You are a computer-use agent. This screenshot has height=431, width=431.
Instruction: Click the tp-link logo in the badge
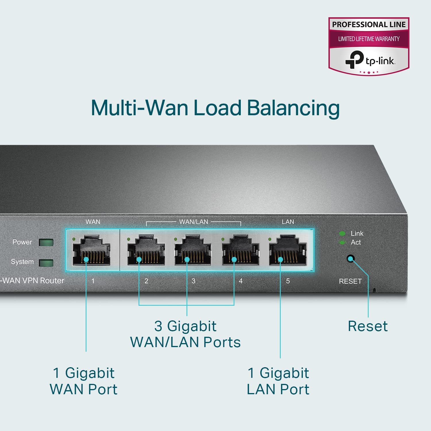click(370, 60)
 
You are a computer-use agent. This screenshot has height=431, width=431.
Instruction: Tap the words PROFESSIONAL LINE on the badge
click(369, 24)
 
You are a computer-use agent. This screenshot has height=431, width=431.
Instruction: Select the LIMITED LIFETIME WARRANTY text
click(369, 39)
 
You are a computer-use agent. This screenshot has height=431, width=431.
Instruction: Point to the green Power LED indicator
click(46, 242)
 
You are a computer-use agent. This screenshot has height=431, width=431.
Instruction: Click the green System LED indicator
click(46, 263)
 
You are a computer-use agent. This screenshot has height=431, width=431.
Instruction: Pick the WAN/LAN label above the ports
click(193, 222)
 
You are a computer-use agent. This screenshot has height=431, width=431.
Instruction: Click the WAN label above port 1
click(93, 222)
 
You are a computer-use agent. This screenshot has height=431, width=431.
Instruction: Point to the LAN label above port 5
click(288, 222)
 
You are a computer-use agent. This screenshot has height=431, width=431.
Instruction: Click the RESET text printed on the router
click(350, 281)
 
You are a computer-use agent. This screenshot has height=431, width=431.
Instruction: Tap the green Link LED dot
click(342, 233)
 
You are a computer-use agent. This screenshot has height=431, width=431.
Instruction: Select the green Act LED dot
click(342, 243)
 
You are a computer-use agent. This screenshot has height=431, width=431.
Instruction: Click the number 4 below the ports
click(240, 281)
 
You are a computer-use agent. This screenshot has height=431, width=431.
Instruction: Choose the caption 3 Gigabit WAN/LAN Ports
click(185, 334)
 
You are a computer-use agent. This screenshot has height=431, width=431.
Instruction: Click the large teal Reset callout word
click(367, 326)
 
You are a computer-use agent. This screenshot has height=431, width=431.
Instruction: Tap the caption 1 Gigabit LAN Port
click(278, 381)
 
